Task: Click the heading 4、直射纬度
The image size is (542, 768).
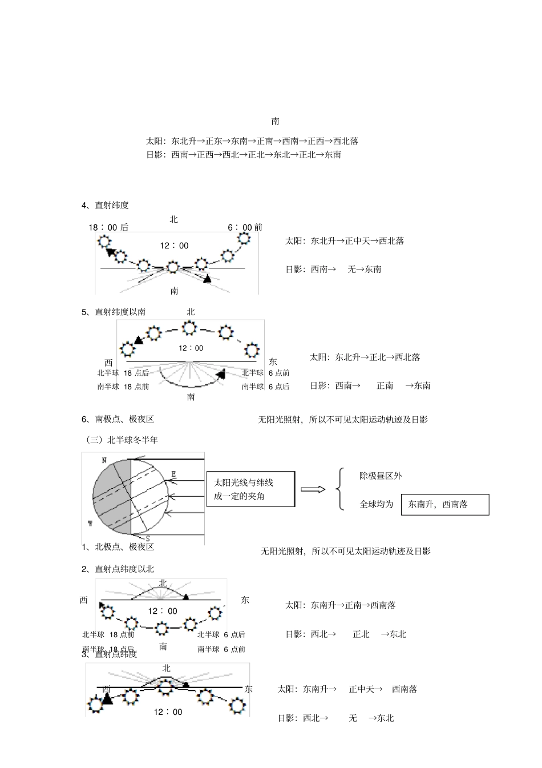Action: pos(105,206)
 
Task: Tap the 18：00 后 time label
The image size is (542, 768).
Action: pos(108,227)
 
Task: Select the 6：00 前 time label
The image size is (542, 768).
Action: pos(245,227)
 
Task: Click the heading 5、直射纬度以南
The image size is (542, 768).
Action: pos(114,312)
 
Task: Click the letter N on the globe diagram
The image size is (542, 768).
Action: pos(104,460)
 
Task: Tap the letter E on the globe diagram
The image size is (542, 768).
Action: pos(174,474)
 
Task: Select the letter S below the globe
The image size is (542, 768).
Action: pos(148,538)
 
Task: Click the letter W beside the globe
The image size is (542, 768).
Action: pos(90,524)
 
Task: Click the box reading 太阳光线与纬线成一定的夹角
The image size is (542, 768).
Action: pos(250,489)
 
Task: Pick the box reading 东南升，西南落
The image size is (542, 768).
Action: pos(445,505)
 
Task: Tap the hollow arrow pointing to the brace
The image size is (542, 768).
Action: pos(313,489)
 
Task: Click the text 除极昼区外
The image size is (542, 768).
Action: pos(381,476)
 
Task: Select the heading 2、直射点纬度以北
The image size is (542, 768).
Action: pos(118,569)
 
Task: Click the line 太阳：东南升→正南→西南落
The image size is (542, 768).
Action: pos(341,605)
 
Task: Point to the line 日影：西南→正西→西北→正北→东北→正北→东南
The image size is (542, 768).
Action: pos(244,155)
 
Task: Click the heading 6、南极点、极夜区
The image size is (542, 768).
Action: pos(118,419)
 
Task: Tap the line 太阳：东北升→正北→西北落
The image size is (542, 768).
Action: pos(365,357)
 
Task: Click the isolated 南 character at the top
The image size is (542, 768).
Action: pos(276,122)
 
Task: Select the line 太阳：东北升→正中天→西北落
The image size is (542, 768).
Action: pos(345,241)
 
